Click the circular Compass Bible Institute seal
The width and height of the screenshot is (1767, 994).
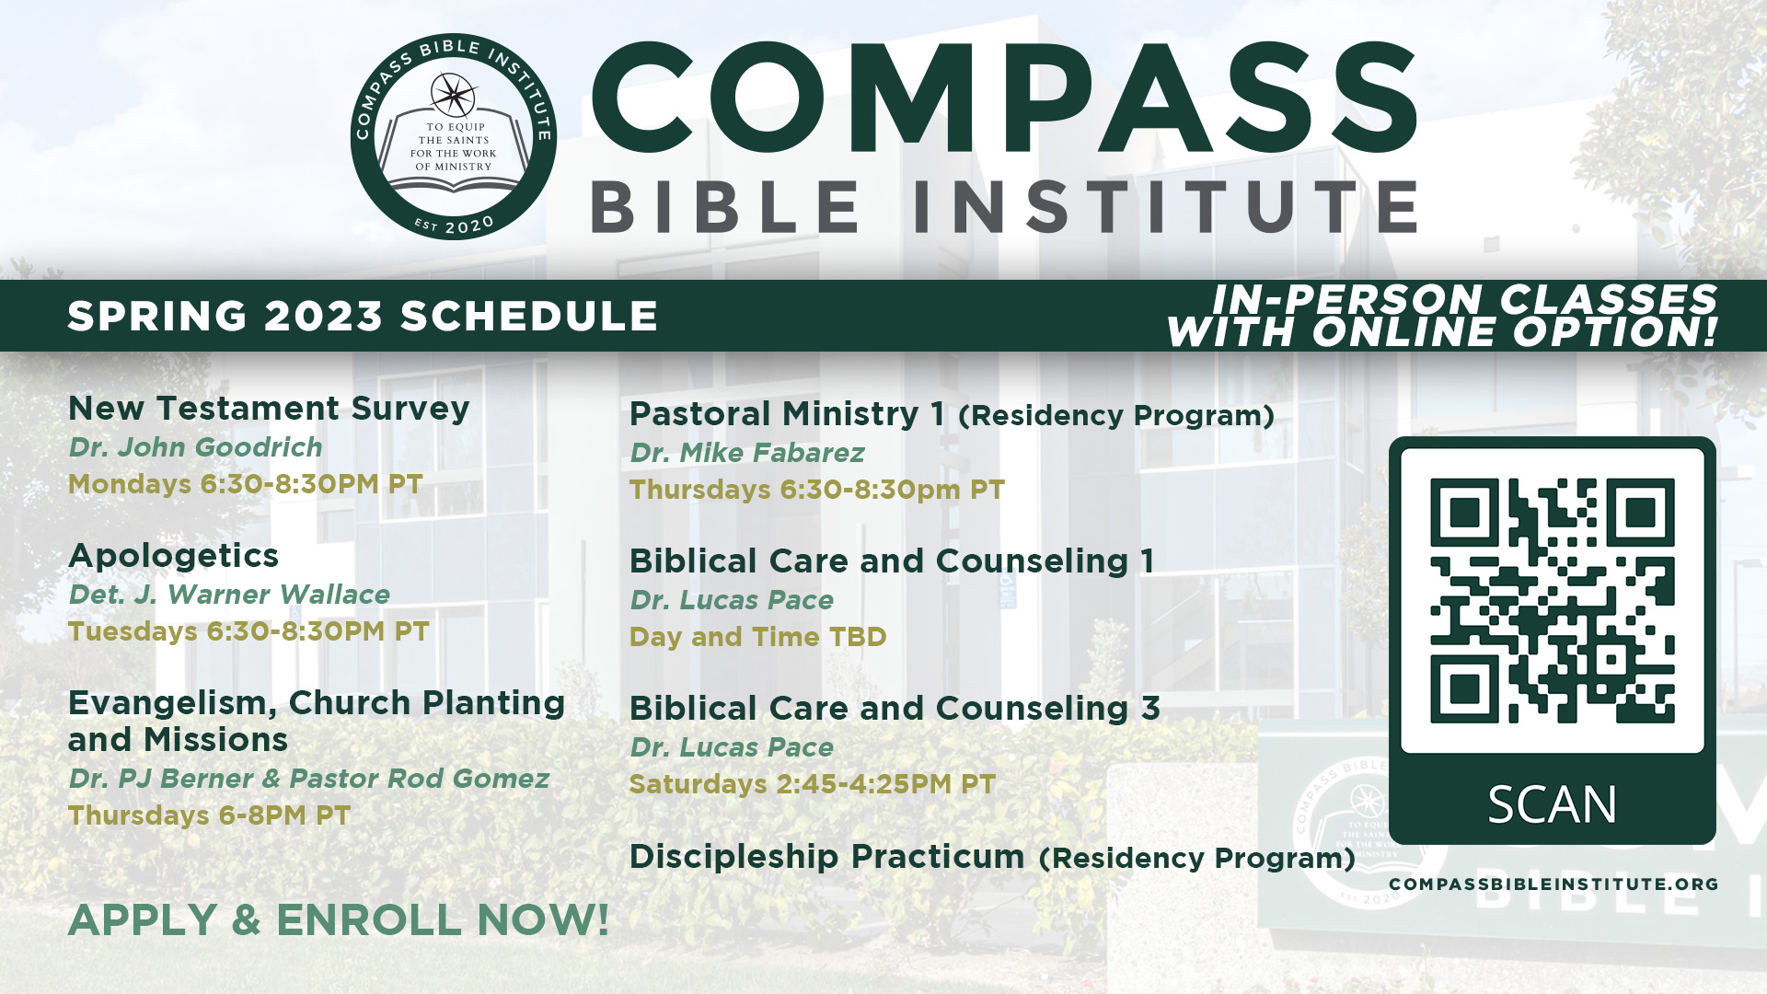[x=453, y=137]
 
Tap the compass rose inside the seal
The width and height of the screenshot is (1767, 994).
[x=453, y=95]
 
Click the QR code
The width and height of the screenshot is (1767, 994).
[x=1552, y=600]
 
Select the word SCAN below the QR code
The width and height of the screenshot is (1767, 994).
[x=1552, y=804]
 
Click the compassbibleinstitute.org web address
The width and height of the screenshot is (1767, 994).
[x=1553, y=884]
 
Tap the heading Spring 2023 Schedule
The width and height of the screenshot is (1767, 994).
[x=363, y=316]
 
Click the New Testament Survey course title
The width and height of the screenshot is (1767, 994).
[x=269, y=408]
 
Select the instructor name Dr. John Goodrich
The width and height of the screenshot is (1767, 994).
[x=195, y=447]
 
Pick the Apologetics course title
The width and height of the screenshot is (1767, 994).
[x=173, y=556]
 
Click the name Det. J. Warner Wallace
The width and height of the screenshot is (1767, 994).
[x=229, y=595]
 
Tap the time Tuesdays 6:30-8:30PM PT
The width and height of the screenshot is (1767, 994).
[x=248, y=631]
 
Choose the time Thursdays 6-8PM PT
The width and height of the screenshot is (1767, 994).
[x=209, y=815]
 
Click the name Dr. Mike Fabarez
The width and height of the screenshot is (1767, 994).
[x=747, y=453]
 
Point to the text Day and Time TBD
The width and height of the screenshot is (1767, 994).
[x=757, y=637]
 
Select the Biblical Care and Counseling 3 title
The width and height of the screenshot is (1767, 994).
[x=895, y=708]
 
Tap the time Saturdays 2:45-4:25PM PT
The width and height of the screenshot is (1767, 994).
[x=812, y=784]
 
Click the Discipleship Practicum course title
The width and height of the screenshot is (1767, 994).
[x=826, y=856]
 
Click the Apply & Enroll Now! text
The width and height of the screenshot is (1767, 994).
[x=339, y=919]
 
